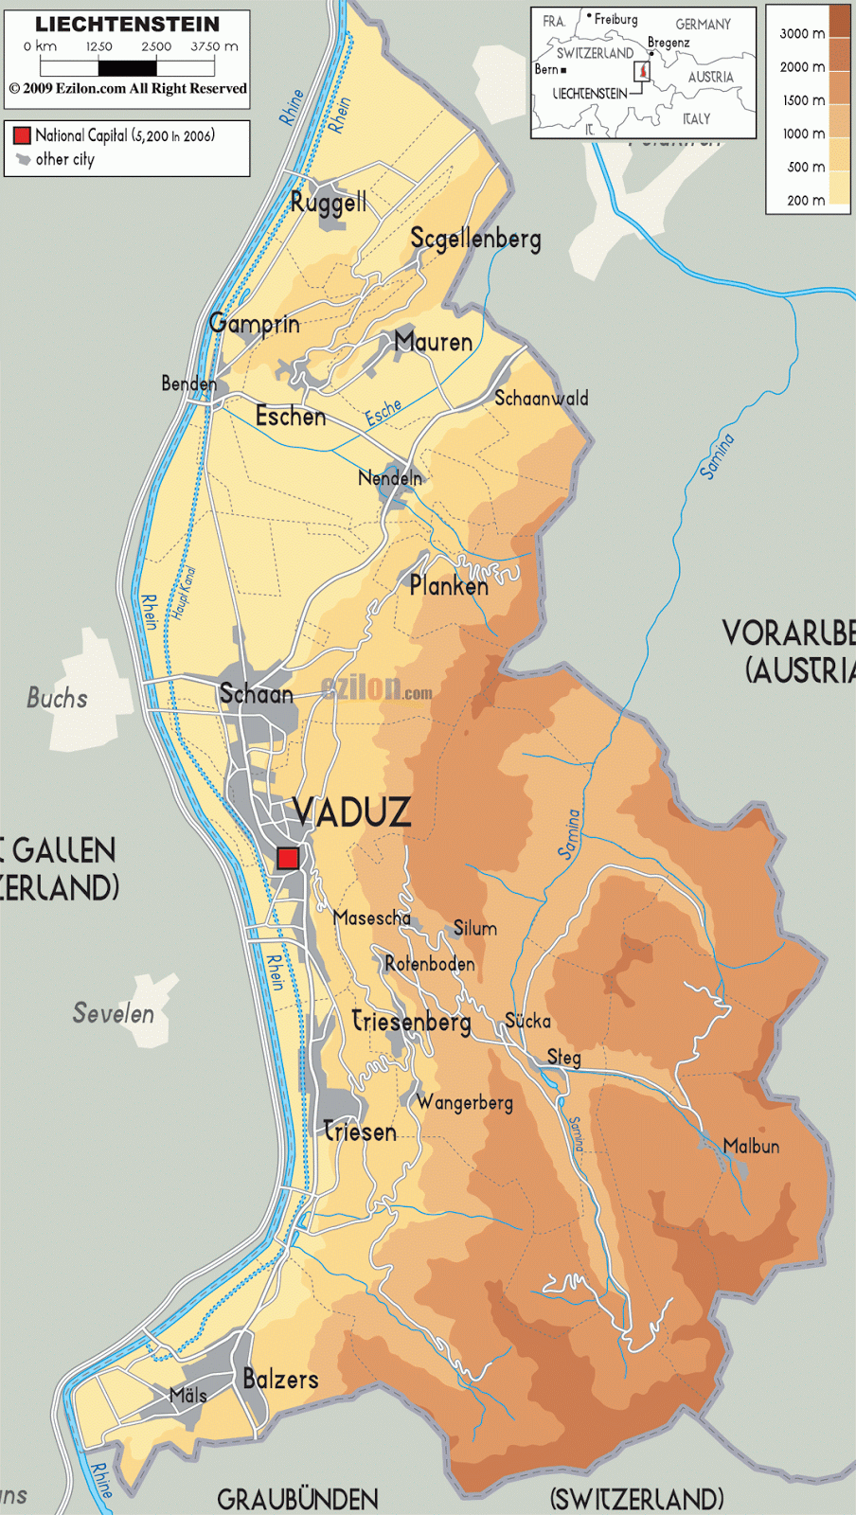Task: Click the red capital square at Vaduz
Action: point(287,859)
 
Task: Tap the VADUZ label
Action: point(351,812)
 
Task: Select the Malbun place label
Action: point(751,1147)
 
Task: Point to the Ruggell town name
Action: point(328,203)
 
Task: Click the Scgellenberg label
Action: point(475,239)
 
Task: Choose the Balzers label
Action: point(280,1379)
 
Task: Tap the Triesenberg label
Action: point(411,1022)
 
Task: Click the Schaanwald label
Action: point(541,399)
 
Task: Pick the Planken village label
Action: point(449,586)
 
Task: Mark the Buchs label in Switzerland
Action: point(57,699)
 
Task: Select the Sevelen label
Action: point(114,1014)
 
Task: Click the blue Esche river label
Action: point(383,413)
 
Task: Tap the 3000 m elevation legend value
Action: point(801,34)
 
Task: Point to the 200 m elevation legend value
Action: point(805,201)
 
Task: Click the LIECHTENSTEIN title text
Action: point(127,24)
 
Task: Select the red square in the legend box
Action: point(22,135)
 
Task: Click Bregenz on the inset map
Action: point(669,43)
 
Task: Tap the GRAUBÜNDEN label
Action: point(297,1499)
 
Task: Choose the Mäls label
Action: point(187,1395)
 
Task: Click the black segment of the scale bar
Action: point(127,68)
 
